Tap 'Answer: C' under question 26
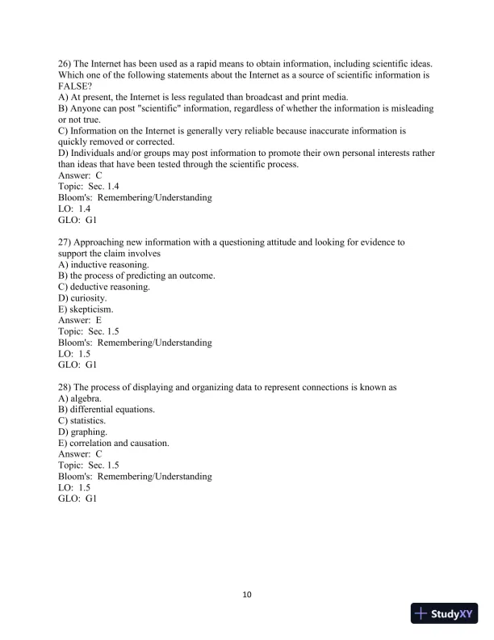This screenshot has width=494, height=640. [x=80, y=175]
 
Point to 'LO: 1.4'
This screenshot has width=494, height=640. [x=74, y=208]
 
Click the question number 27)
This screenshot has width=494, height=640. [x=66, y=242]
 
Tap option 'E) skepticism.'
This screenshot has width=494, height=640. [x=86, y=309]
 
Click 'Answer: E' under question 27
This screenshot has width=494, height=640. [x=80, y=320]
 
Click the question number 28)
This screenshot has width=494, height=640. [x=66, y=387]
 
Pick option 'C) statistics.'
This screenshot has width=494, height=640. [x=82, y=421]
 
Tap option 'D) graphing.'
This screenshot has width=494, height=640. [x=83, y=432]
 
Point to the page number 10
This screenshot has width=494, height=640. [x=247, y=596]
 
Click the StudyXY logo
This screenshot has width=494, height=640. [x=443, y=613]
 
